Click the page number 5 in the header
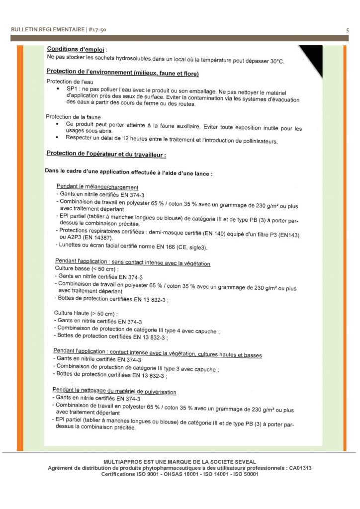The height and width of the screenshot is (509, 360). [x=347, y=30]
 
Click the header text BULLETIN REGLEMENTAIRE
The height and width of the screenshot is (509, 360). [x=48, y=30]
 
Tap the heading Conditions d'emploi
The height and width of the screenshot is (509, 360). [x=76, y=50]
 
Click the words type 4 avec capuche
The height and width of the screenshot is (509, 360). [x=195, y=331]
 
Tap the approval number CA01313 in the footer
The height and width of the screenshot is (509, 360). [x=300, y=468]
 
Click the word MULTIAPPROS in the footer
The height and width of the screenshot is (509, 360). [x=121, y=462]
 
